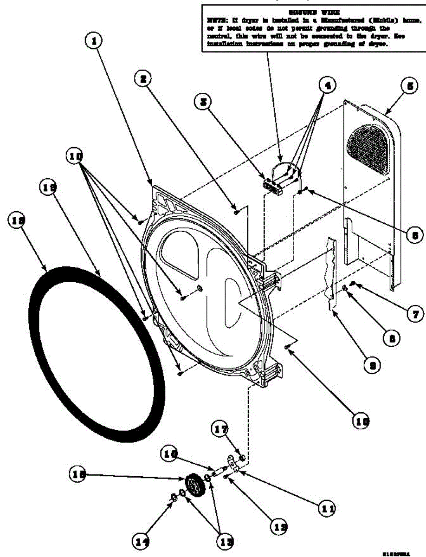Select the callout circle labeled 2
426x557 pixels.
[144, 79]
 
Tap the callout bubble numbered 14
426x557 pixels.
[140, 541]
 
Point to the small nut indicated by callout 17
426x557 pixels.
[241, 459]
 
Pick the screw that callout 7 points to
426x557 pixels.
[354, 283]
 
